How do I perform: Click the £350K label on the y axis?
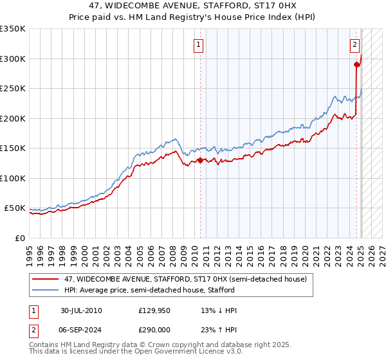pos(13,29)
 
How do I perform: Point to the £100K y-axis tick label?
pos(13,178)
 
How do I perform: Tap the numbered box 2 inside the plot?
pos(354,45)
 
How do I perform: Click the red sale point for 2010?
pos(200,161)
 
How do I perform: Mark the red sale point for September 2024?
pos(356,64)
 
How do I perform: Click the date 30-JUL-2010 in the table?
pos(81,310)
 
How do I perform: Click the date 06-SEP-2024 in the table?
pos(81,328)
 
